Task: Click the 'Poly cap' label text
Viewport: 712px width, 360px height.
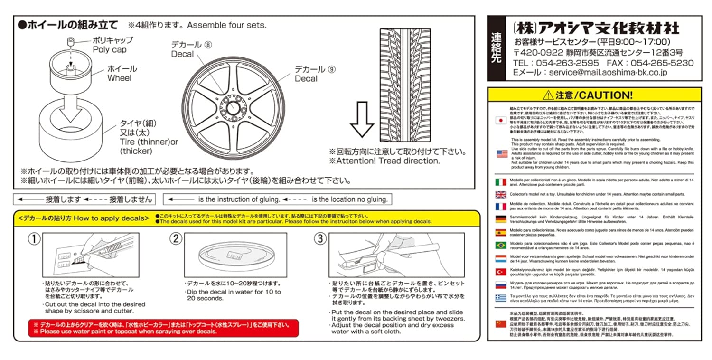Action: pyautogui.click(x=110, y=50)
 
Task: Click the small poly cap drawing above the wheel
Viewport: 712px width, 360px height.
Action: pyautogui.click(x=71, y=43)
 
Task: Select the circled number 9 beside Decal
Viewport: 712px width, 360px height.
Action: pyautogui.click(x=331, y=69)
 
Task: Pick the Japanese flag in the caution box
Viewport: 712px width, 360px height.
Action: pyautogui.click(x=501, y=121)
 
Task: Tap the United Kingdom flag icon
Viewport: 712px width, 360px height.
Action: pyautogui.click(x=501, y=194)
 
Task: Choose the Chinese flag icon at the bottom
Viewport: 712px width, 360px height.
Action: pyautogui.click(x=501, y=323)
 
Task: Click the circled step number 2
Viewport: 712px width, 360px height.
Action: pyautogui.click(x=176, y=239)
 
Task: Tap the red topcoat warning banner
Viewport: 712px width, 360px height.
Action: pyautogui.click(x=163, y=328)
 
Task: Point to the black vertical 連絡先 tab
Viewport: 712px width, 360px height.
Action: pyautogui.click(x=497, y=47)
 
